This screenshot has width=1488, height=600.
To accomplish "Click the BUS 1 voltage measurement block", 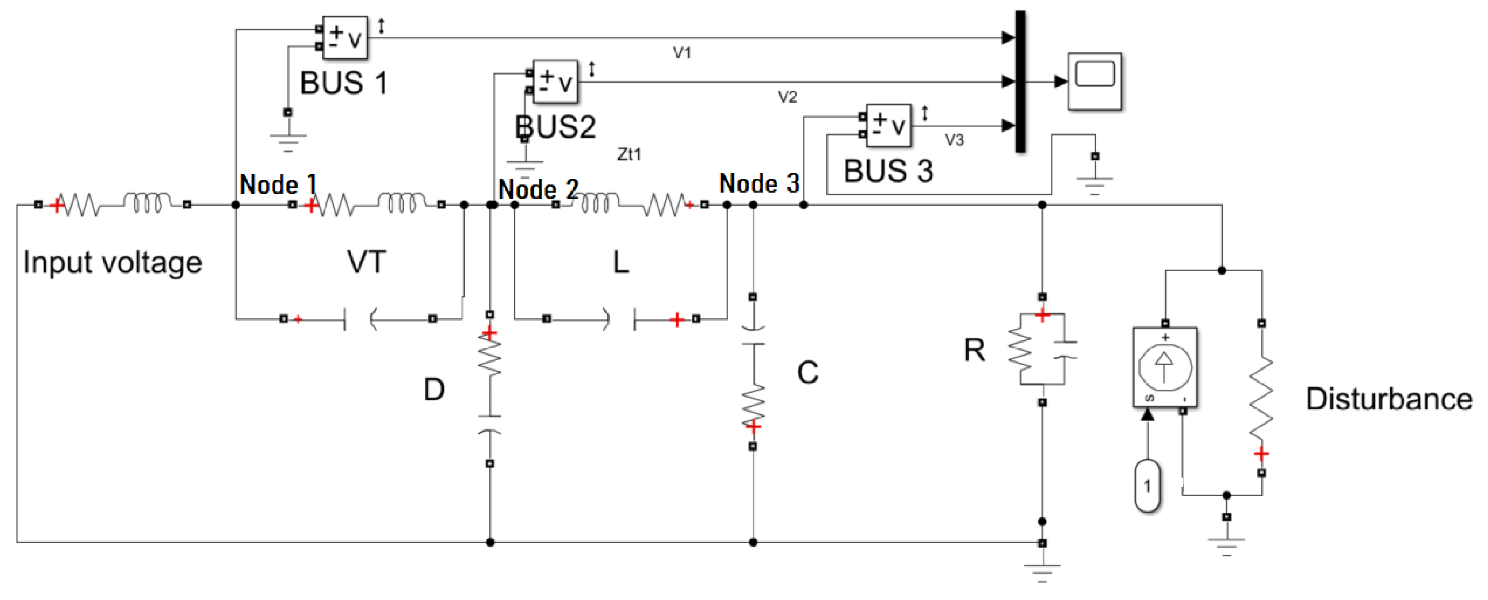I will click(x=344, y=37).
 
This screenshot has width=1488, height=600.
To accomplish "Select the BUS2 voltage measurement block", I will click(x=555, y=81).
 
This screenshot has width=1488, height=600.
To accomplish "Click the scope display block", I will click(x=1095, y=81).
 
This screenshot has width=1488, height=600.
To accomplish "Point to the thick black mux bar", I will click(x=1020, y=81).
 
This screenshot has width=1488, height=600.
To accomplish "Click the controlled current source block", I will click(x=1164, y=366).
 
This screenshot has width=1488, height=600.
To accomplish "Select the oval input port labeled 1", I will click(x=1147, y=486).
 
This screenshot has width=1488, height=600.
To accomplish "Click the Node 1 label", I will click(x=278, y=185).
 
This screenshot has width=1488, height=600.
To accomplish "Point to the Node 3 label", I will click(x=759, y=184).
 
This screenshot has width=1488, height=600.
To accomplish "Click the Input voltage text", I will click(x=112, y=262).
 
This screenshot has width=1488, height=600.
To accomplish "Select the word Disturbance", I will click(x=1389, y=400).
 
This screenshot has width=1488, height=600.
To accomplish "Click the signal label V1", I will click(x=682, y=53).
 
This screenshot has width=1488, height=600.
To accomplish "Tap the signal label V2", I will click(x=787, y=97).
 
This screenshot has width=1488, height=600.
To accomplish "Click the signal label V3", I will click(x=954, y=140).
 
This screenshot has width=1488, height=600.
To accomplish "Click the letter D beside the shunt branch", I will click(x=434, y=390).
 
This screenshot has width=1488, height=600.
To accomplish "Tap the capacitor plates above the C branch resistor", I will click(x=753, y=337).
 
